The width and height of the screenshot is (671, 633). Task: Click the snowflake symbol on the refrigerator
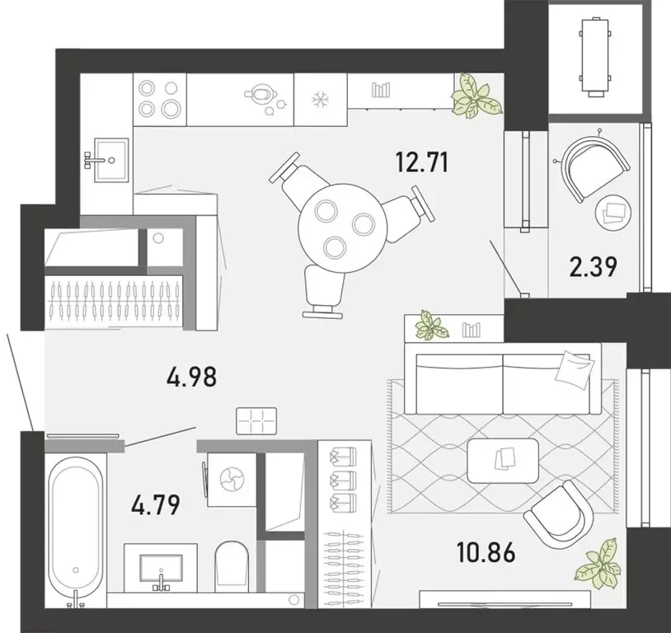[x=319, y=100]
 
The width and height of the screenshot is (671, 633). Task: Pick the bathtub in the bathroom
[x=76, y=527]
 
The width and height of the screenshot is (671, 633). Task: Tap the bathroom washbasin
[x=162, y=568]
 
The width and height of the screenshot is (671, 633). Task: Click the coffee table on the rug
[x=503, y=460]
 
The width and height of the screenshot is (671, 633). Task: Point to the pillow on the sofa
[x=574, y=368]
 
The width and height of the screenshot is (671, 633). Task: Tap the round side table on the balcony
[x=613, y=213]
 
